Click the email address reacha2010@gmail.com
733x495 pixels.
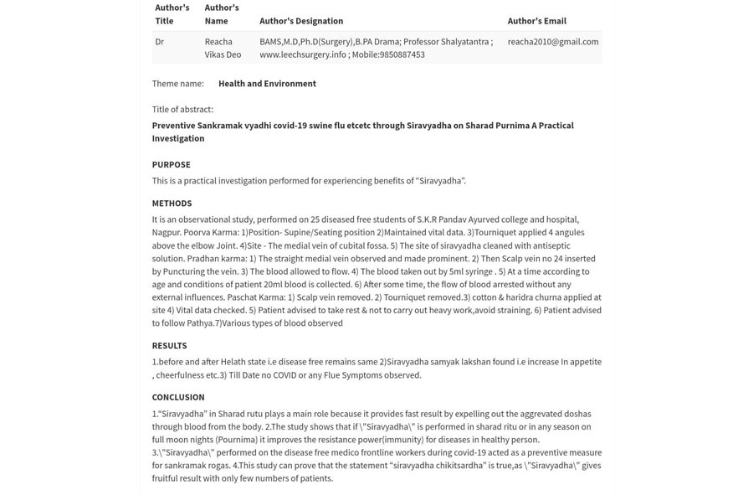tap(552, 41)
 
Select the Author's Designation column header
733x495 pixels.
tap(300, 21)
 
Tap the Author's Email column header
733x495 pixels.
tap(536, 21)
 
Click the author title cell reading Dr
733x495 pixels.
tap(159, 41)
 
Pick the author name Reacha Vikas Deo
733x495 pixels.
tap(222, 48)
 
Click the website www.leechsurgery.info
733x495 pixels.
tap(302, 54)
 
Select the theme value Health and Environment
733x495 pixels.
tap(267, 84)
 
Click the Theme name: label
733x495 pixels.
tap(177, 84)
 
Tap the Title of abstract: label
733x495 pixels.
tap(182, 109)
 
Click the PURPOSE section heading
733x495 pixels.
tap(171, 164)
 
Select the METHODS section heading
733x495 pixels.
tap(172, 203)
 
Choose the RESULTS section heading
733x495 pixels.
tap(169, 345)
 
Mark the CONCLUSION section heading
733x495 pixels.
tap(177, 397)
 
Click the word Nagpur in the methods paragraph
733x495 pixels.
tap(166, 233)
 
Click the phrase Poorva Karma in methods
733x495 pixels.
tap(211, 233)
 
